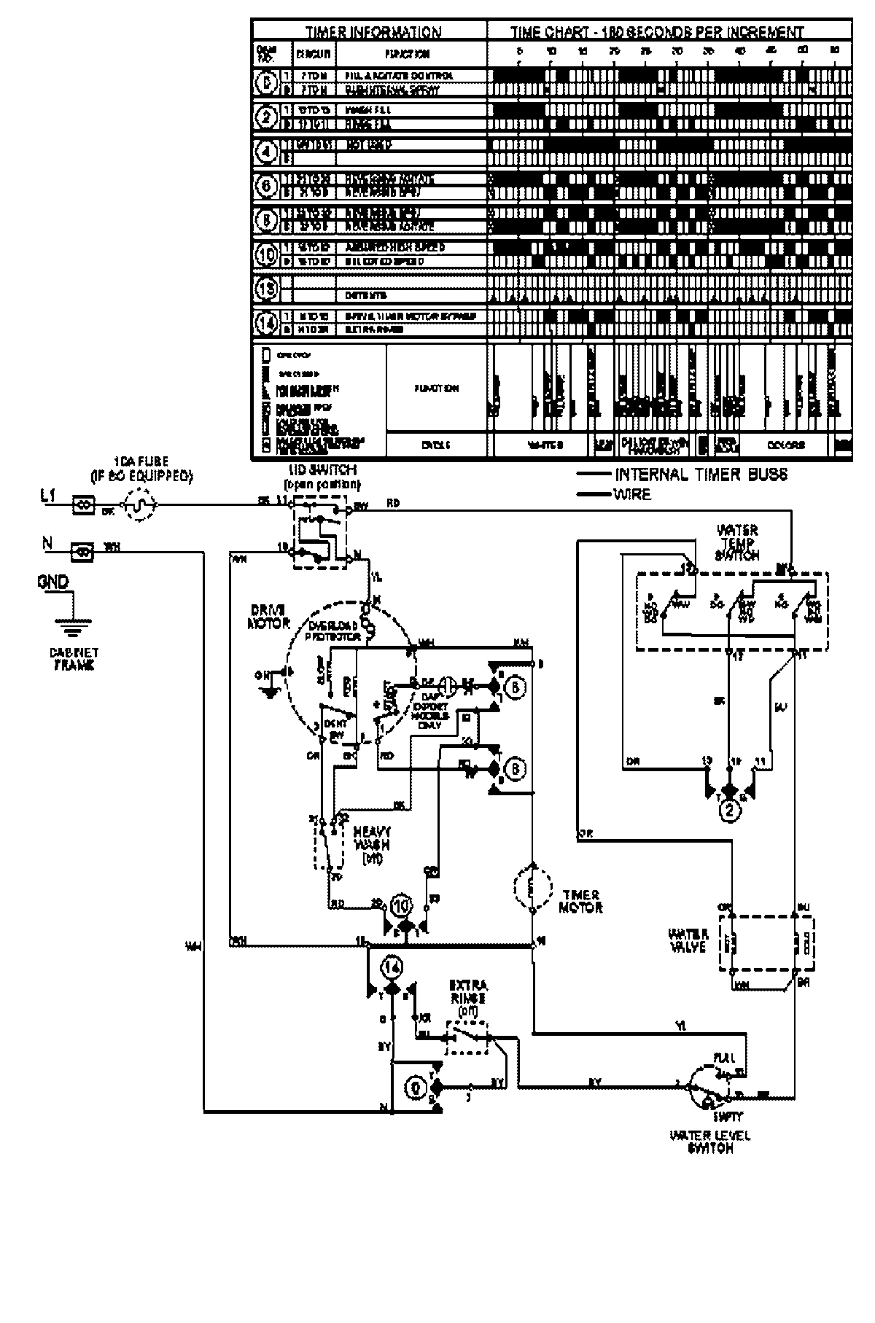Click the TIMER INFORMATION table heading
(372, 33)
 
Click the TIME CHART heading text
(656, 33)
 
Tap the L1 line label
(47, 496)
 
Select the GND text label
(52, 582)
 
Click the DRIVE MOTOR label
(270, 616)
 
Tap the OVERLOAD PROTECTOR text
(334, 631)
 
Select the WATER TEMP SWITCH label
(739, 542)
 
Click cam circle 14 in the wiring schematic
(392, 967)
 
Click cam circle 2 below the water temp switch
(730, 811)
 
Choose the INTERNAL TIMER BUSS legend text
(701, 475)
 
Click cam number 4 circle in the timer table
(265, 151)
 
